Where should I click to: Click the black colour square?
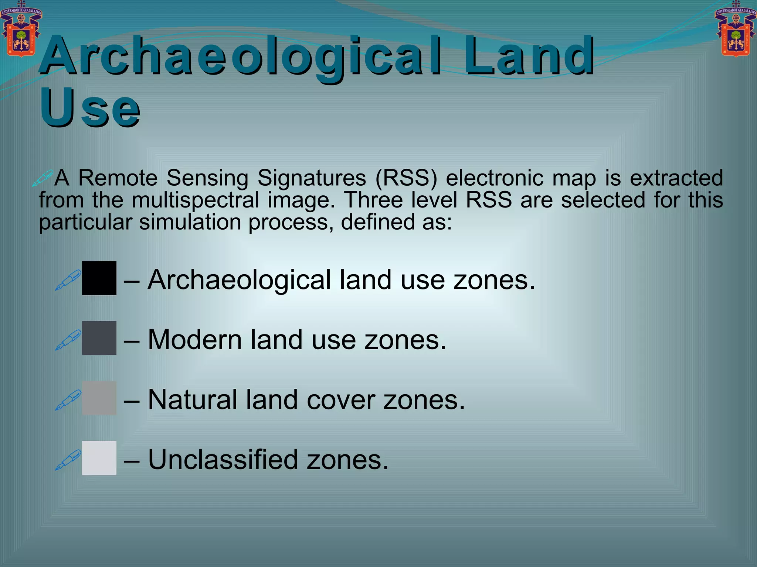click(99, 278)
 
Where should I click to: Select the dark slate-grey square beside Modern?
click(99, 338)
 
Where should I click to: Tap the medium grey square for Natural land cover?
click(99, 398)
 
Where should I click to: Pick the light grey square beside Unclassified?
click(99, 458)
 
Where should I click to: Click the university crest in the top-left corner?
click(21, 30)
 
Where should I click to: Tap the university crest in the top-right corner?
click(736, 30)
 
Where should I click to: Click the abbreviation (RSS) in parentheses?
click(406, 178)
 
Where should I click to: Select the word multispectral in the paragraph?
click(195, 200)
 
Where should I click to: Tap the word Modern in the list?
click(195, 340)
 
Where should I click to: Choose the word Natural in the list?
click(192, 400)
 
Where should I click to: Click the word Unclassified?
click(223, 460)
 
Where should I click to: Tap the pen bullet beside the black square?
click(68, 280)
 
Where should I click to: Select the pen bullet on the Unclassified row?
click(68, 460)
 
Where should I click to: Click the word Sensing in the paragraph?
click(207, 178)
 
